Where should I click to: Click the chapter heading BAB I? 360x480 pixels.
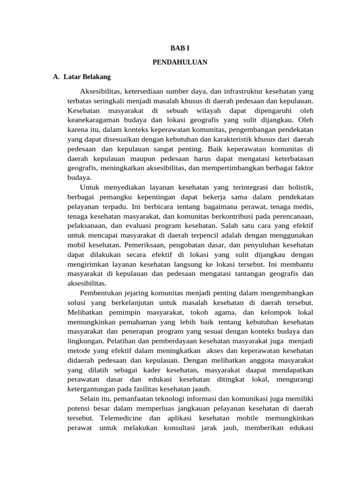click(180, 48)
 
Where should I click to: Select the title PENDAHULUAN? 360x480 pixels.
click(180, 62)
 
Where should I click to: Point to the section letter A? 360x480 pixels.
click(56, 76)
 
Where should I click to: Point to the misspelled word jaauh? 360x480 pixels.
click(202, 389)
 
